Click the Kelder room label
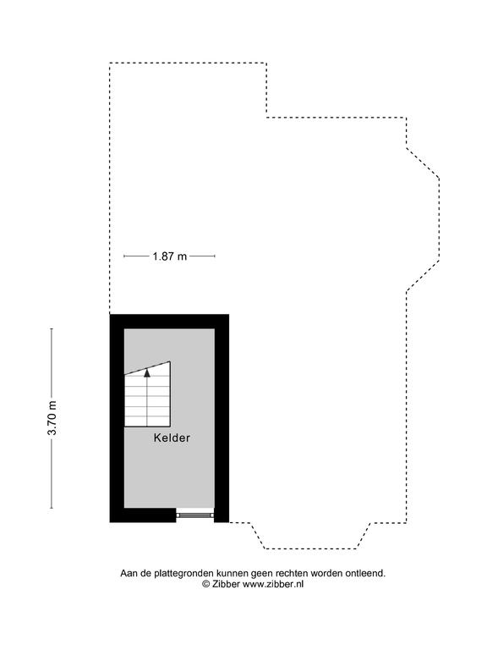[172, 438]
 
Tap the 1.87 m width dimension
[169, 256]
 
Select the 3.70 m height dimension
[52, 418]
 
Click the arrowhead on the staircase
[147, 372]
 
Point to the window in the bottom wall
[195, 515]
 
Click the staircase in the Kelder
[147, 394]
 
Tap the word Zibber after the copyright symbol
[226, 584]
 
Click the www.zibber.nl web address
[273, 584]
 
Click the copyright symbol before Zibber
[206, 584]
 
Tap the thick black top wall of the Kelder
[169, 322]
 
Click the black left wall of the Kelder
[117, 418]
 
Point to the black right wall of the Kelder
[222, 418]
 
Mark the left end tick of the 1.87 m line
[123, 256]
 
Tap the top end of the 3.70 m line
[52, 328]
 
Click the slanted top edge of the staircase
[147, 368]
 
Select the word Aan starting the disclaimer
[129, 573]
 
